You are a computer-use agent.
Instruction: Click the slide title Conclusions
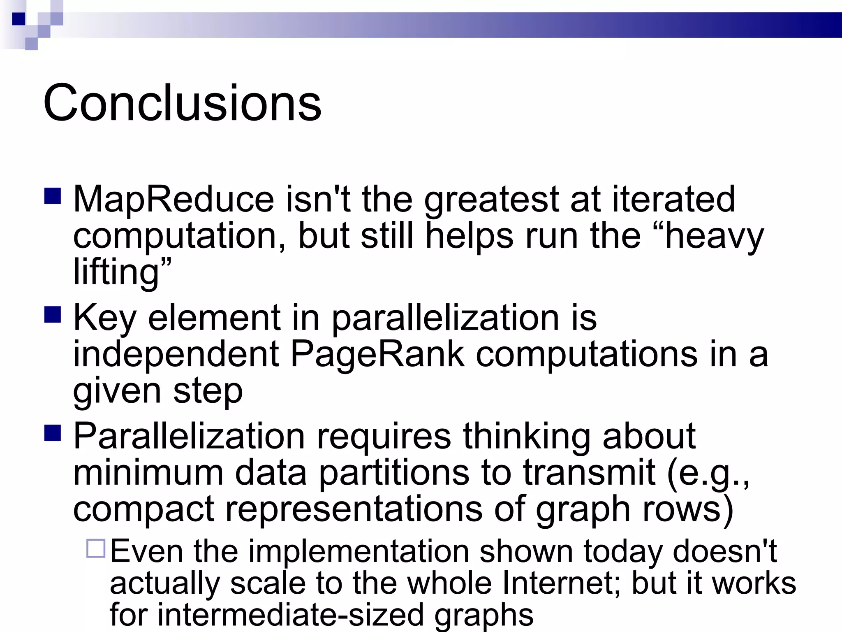point(182,103)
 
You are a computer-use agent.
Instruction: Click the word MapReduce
point(173,200)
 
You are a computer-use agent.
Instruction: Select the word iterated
point(673,200)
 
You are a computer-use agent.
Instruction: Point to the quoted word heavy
point(714,237)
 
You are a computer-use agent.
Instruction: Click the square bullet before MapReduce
point(53,197)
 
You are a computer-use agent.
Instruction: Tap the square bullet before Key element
point(53,315)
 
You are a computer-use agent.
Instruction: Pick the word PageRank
point(377,354)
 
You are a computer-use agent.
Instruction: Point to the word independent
point(176,354)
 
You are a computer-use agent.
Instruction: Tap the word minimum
point(148,473)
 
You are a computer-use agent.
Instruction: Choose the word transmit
point(589,473)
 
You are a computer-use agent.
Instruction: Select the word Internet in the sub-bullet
point(562,583)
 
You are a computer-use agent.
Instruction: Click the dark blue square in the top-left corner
point(19,19)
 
